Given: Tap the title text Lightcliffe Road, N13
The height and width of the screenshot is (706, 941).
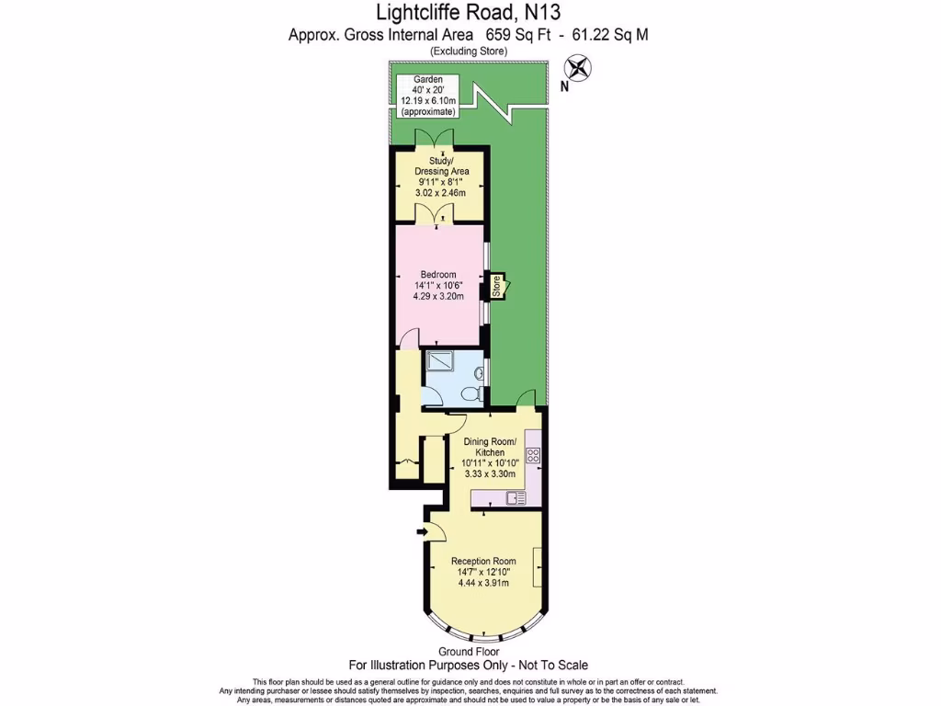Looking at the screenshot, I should (470, 13).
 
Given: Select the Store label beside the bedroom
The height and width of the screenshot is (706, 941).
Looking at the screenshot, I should (496, 287).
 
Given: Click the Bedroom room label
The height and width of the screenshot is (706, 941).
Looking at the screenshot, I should (438, 275).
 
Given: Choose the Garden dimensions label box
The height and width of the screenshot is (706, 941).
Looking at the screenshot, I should (427, 96).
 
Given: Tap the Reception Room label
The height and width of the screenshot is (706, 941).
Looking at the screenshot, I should (482, 561).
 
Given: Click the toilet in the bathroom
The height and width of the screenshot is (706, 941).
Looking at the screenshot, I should (471, 393).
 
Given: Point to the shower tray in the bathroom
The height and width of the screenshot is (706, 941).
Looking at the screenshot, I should (441, 363).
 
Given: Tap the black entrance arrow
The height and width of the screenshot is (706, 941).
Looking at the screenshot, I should (421, 531).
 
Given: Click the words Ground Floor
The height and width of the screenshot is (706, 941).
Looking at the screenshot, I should (469, 651).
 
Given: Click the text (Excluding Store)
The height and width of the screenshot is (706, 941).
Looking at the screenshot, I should (469, 52).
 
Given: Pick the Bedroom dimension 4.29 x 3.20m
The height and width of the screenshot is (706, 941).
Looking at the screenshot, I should (438, 296).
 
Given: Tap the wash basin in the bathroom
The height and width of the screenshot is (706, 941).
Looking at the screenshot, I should (482, 372).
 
